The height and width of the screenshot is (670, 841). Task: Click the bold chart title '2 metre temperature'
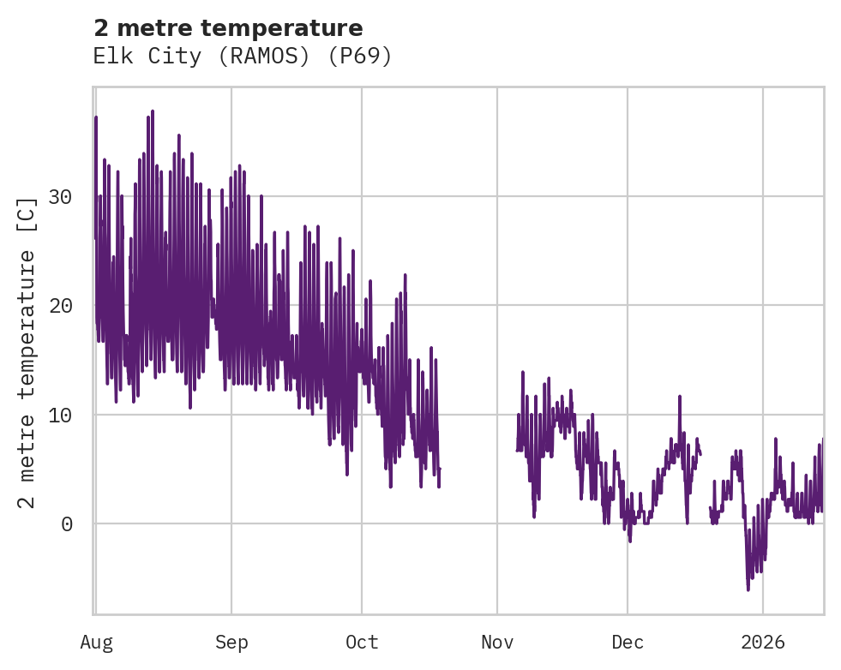point(228,28)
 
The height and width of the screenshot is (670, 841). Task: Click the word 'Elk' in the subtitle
point(110,57)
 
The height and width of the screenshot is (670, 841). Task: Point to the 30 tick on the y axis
point(59,196)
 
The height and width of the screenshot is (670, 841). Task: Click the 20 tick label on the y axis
point(59,306)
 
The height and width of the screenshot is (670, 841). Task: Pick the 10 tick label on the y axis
point(59,415)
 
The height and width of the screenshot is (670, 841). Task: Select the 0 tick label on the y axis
point(66,523)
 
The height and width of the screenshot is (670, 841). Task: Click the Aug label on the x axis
point(96,642)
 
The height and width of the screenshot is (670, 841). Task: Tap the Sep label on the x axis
point(231,642)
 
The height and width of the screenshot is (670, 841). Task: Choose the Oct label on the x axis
point(362,642)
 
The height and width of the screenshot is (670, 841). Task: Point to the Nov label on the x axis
point(497,642)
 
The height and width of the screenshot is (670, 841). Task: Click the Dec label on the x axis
point(628,642)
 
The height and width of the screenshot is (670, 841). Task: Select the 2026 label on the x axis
point(763,642)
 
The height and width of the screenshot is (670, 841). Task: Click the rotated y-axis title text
point(28,351)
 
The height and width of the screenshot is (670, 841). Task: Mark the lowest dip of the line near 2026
point(748,589)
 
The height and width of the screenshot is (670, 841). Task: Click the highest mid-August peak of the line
point(152,111)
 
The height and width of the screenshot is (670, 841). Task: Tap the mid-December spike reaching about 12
point(679,397)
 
